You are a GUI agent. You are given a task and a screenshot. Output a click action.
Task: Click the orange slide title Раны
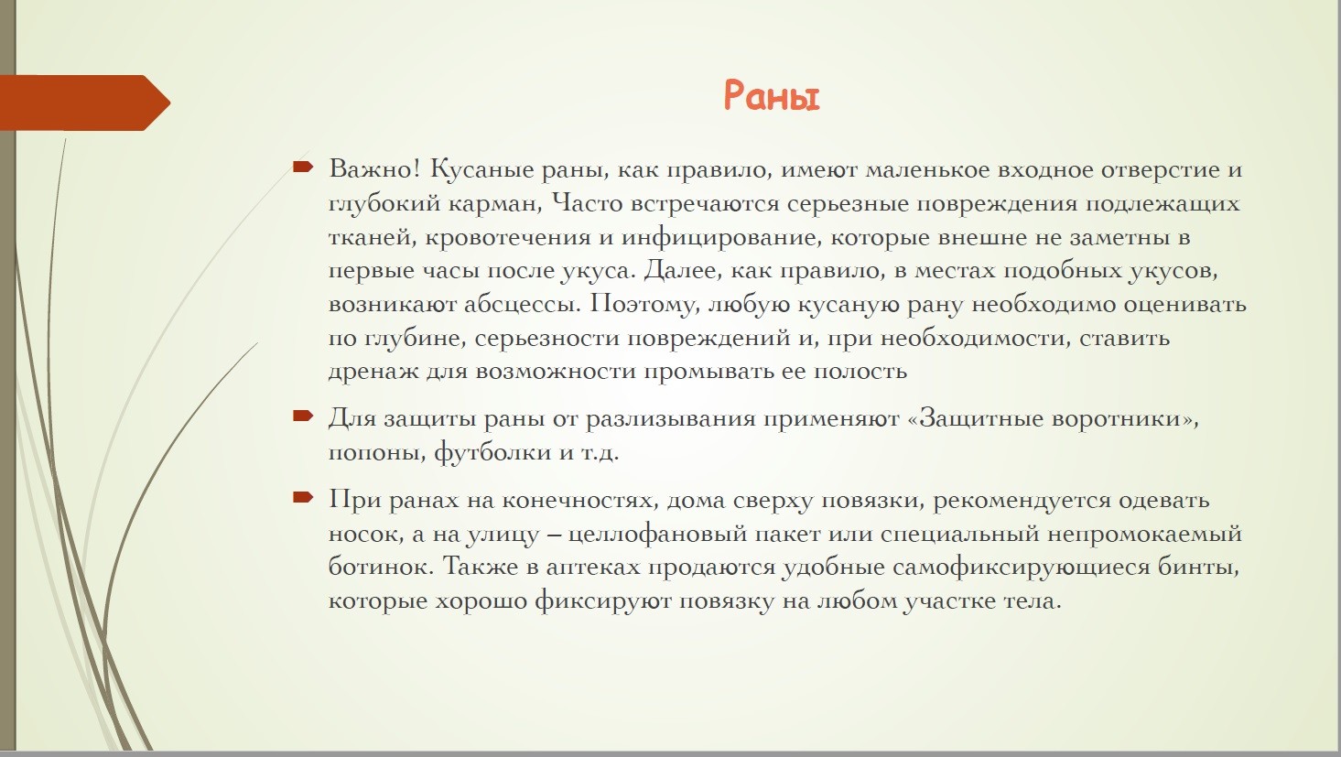(771, 96)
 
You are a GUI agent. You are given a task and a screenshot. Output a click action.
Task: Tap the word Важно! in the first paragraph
(374, 169)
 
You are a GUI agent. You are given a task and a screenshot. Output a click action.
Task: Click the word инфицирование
(719, 238)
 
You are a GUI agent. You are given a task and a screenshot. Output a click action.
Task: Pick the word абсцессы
(523, 304)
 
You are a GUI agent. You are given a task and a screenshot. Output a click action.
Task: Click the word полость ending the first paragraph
(860, 372)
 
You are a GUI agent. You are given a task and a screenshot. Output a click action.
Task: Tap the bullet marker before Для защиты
(303, 416)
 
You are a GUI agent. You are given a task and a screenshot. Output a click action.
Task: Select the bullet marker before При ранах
(303, 497)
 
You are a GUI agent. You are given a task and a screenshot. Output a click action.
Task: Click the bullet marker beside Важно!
(303, 167)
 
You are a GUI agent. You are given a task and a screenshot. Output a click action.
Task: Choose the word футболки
(492, 452)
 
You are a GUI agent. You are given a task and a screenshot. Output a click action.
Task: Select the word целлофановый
(656, 534)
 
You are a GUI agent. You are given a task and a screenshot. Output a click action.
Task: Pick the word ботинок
(381, 566)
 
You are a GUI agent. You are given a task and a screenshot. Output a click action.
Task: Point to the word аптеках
(592, 568)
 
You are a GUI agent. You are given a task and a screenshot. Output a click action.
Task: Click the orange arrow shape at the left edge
(84, 103)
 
